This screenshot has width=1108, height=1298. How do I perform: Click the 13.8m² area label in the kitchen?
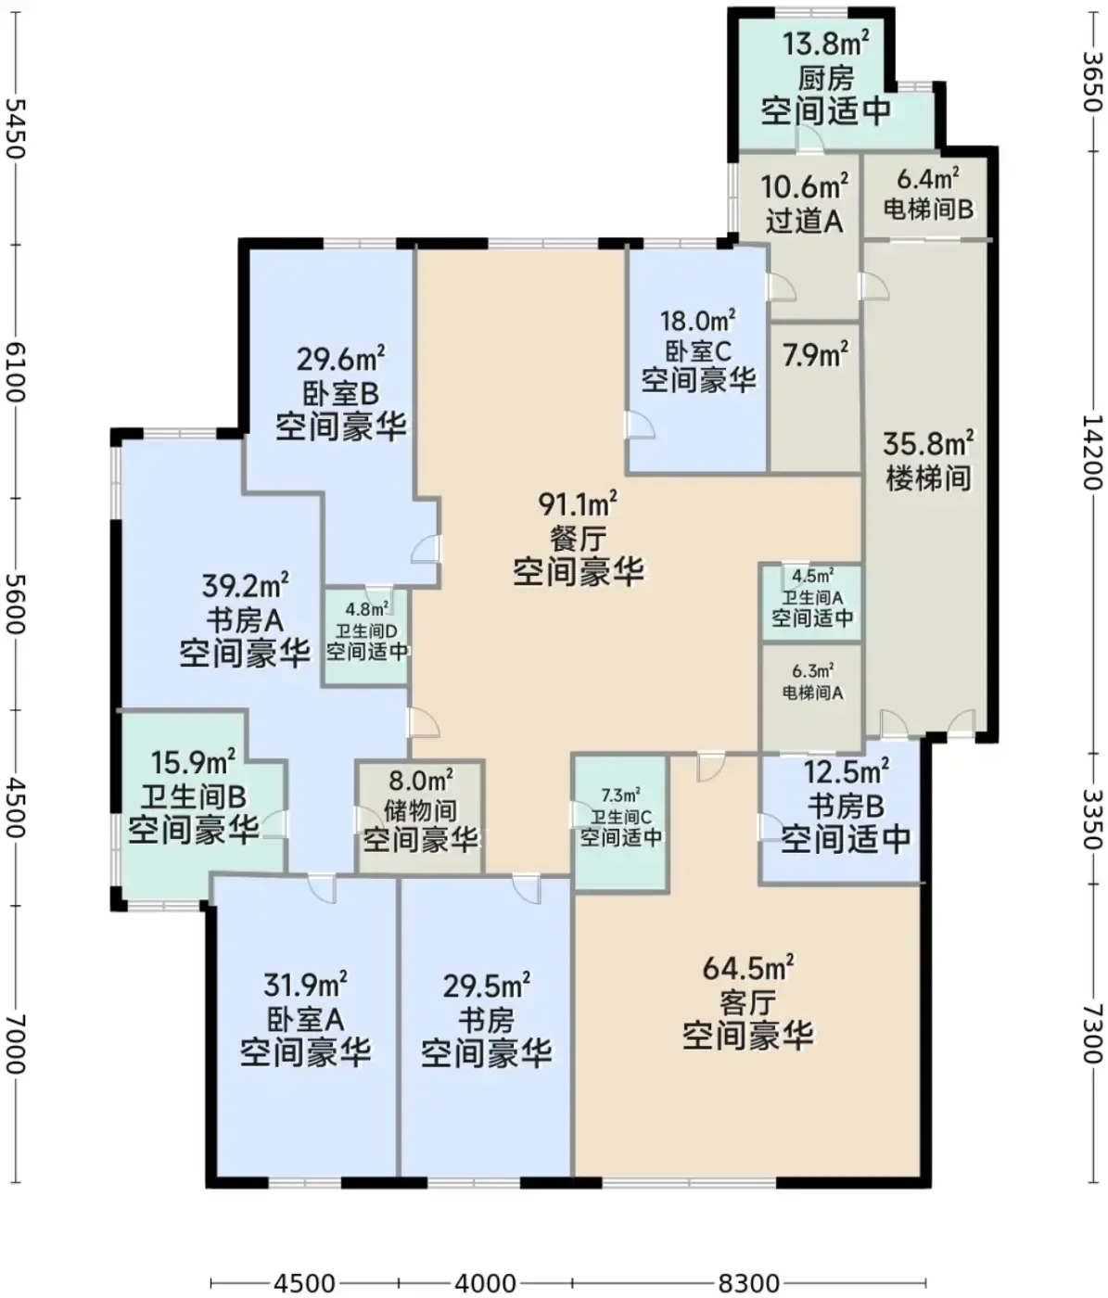pyautogui.click(x=826, y=45)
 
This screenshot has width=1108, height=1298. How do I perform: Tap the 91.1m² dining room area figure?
pyautogui.click(x=578, y=504)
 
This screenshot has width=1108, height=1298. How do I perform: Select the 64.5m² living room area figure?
pyautogui.click(x=747, y=968)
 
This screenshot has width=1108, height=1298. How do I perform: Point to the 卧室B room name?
pyautogui.click(x=341, y=394)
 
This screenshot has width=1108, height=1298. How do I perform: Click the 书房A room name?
pyautogui.click(x=245, y=620)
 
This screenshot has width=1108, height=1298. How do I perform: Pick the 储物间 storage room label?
pyautogui.click(x=420, y=810)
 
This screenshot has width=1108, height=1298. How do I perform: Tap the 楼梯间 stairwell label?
pyautogui.click(x=928, y=477)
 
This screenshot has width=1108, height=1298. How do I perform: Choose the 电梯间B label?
pyautogui.click(x=928, y=209)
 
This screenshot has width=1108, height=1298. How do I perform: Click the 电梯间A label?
pyautogui.click(x=812, y=693)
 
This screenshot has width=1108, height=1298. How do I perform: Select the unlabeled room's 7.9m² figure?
pyautogui.click(x=815, y=355)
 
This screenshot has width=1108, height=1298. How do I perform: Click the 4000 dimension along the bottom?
pyautogui.click(x=486, y=1283)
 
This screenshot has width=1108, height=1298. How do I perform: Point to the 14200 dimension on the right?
pyautogui.click(x=1093, y=451)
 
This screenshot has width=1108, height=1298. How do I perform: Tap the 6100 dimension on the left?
pyautogui.click(x=14, y=372)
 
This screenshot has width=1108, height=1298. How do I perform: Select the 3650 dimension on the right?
pyautogui.click(x=1093, y=81)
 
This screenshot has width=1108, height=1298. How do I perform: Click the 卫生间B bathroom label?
pyautogui.click(x=193, y=797)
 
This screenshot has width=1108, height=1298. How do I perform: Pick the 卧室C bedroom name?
pyautogui.click(x=698, y=350)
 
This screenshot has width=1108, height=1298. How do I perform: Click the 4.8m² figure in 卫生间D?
pyautogui.click(x=367, y=609)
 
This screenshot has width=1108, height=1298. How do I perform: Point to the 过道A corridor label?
pyautogui.click(x=804, y=221)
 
